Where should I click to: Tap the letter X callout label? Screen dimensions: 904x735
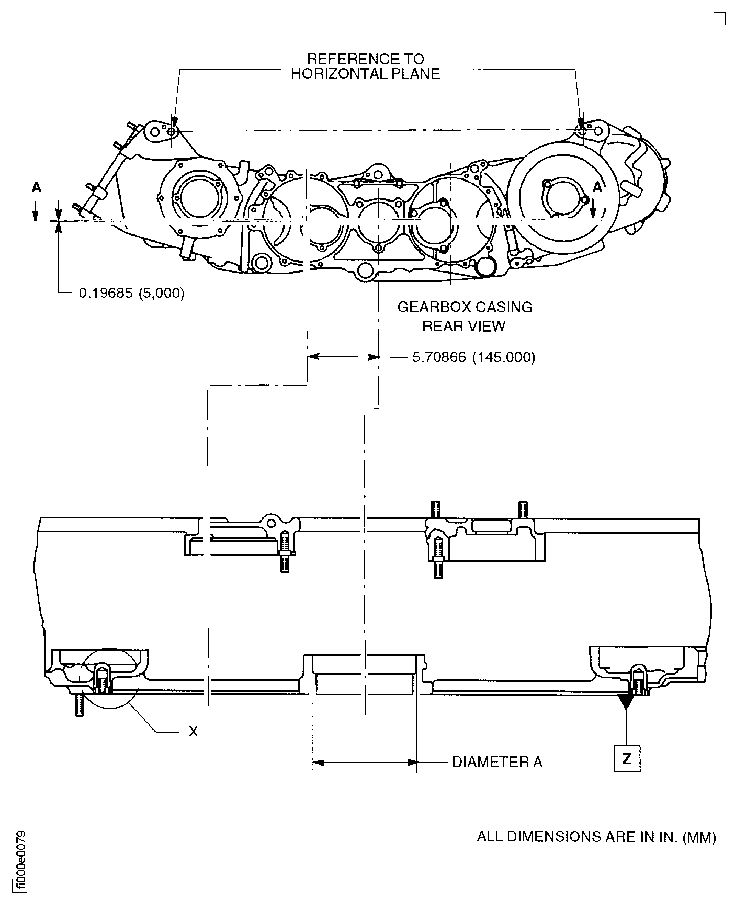pos(193,731)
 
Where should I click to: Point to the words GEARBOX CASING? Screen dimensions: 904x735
pos(465,307)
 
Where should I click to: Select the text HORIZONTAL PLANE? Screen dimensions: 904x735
pos(365,74)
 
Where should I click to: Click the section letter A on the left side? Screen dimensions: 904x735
pos(36,187)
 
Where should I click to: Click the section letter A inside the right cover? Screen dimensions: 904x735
pos(597,187)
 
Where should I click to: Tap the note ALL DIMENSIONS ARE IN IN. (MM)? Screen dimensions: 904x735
pos(596,837)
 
